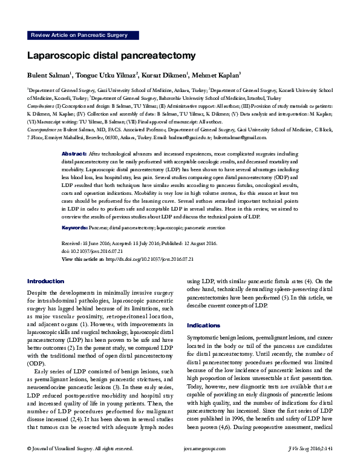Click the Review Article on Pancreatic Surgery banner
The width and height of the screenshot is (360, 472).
click(x=79, y=36)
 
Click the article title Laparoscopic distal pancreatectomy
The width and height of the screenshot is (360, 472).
click(x=111, y=56)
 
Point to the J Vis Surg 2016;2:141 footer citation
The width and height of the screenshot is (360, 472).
click(x=309, y=465)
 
